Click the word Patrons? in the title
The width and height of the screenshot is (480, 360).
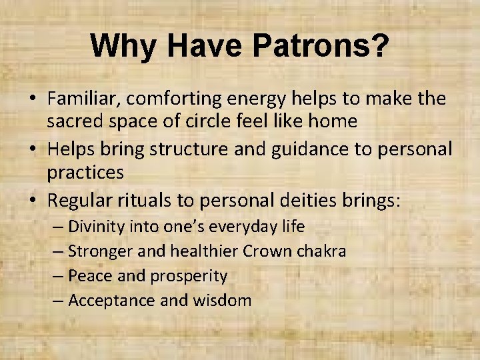pos(321,47)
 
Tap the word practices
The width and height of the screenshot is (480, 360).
pos(85,173)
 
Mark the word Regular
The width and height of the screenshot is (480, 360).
pos(83,201)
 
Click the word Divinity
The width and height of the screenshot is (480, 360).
pos(96,227)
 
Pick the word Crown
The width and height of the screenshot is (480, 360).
pos(267,251)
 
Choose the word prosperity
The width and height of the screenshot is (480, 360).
pos(192,276)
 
